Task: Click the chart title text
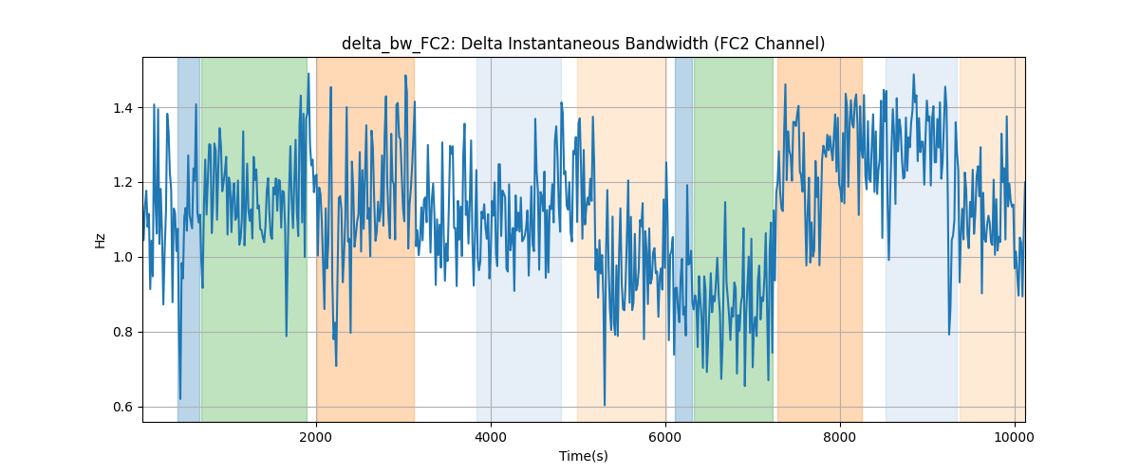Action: click(583, 44)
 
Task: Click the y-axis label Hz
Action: click(101, 240)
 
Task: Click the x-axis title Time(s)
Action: click(583, 456)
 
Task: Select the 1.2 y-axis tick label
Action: click(122, 182)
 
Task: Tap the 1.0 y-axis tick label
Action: click(122, 257)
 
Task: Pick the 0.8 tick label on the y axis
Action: click(122, 332)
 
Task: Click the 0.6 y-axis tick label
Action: click(122, 407)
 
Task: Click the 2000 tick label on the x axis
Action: click(316, 437)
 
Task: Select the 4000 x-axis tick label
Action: click(491, 437)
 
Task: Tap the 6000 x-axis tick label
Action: click(665, 437)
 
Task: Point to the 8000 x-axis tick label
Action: click(840, 437)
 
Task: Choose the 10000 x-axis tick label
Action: click(1015, 437)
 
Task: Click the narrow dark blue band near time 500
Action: click(189, 239)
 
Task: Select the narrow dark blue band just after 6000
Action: click(684, 239)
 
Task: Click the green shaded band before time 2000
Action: click(254, 239)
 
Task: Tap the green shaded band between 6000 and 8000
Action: click(734, 239)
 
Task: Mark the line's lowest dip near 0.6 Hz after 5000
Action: click(605, 405)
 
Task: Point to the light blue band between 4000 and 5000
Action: click(519, 239)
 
